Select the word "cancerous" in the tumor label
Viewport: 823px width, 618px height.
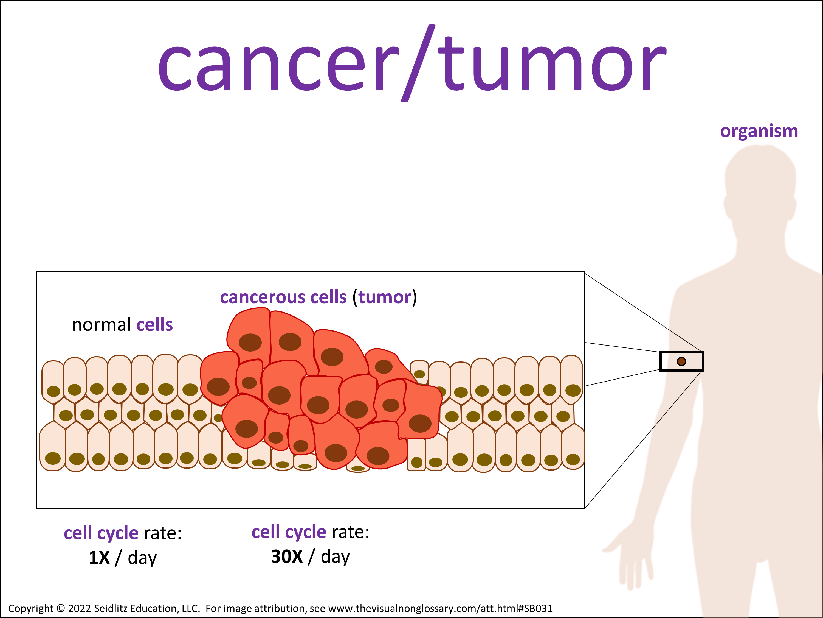click(x=263, y=297)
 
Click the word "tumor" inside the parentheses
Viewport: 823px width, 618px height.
click(x=385, y=297)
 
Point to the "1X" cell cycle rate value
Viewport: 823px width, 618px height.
click(x=99, y=558)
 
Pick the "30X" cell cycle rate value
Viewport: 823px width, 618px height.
click(x=286, y=556)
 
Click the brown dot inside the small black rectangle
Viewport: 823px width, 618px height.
click(x=681, y=361)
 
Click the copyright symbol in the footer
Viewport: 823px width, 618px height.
click(x=61, y=608)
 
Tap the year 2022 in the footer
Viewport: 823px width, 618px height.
click(x=80, y=608)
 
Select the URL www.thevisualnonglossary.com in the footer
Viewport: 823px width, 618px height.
click(x=402, y=608)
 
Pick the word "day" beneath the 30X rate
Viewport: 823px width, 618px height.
click(x=335, y=557)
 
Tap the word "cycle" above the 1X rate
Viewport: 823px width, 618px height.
click(x=118, y=533)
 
